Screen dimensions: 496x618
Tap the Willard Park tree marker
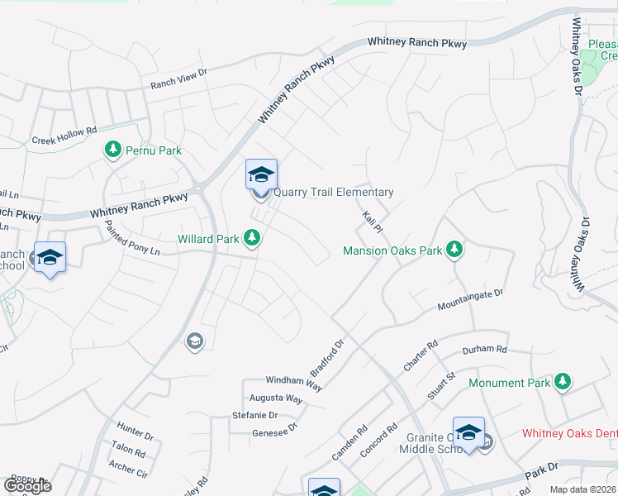tap(252, 239)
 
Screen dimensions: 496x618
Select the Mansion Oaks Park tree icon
tap(454, 249)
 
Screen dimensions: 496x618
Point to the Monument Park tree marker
tap(563, 382)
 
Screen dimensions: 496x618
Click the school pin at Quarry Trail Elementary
tap(261, 175)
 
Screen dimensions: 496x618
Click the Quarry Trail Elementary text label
tap(333, 192)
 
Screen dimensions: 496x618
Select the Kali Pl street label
tap(370, 223)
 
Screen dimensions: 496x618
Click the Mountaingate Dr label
tap(470, 300)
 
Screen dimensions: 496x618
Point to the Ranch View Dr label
tap(178, 79)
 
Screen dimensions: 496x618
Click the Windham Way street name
tap(293, 381)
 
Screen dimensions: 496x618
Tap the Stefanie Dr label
tap(254, 415)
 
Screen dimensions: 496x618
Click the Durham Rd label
tap(483, 351)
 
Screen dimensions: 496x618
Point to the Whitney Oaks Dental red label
tap(569, 434)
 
